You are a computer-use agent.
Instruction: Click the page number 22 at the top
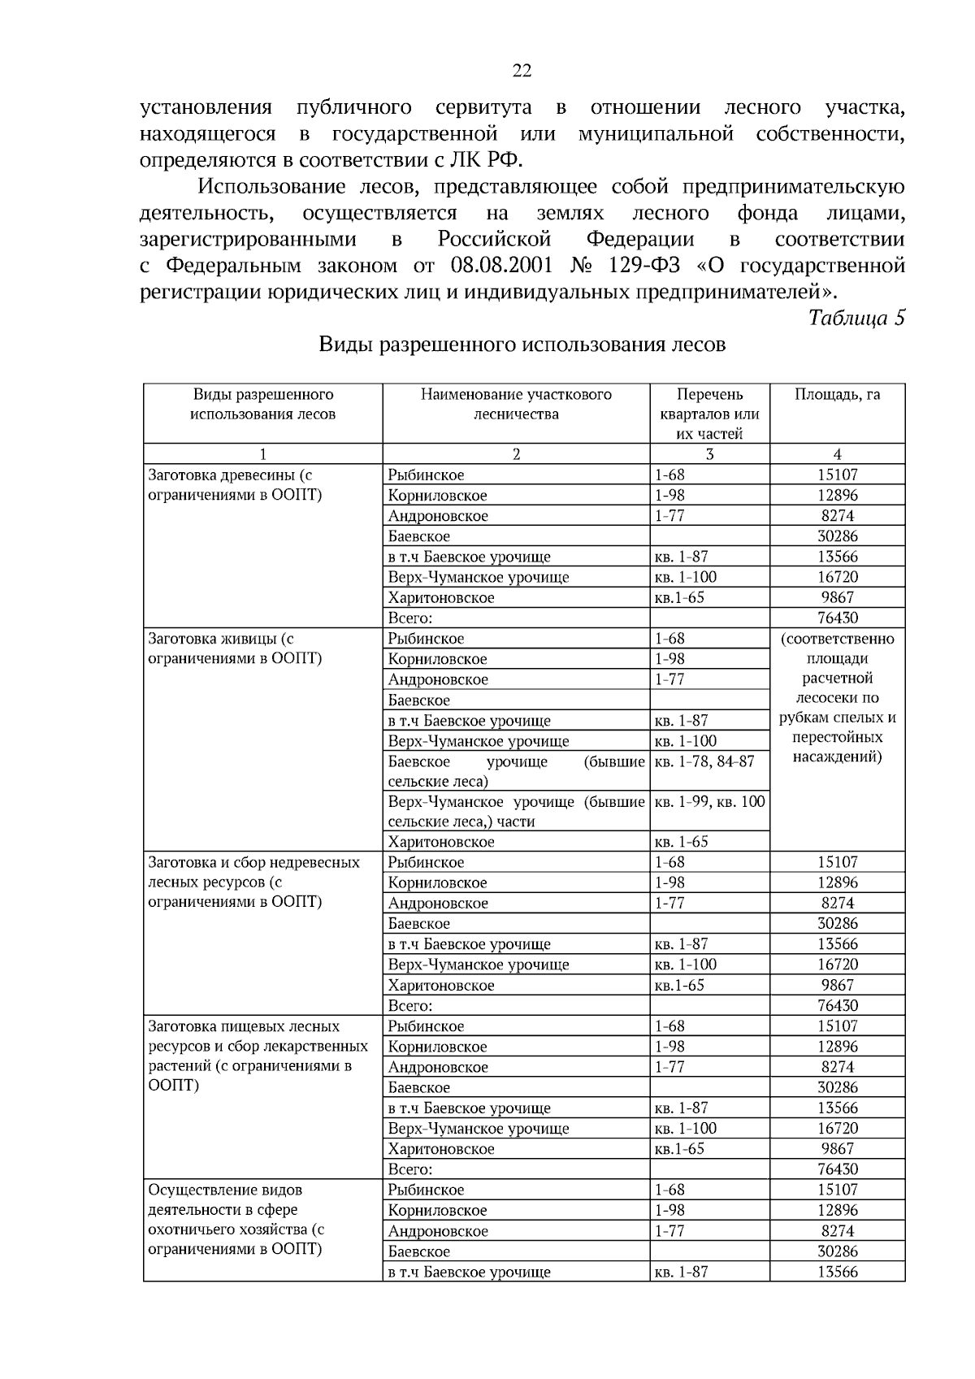tap(522, 72)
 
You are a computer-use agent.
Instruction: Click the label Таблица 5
tap(856, 318)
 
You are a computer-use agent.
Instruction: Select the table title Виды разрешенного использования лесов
tap(522, 345)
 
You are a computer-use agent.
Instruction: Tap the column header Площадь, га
tap(837, 395)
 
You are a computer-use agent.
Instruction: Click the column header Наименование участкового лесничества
tap(516, 404)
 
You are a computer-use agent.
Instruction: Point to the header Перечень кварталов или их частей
tap(709, 414)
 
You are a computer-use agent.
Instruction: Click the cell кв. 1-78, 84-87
tap(704, 761)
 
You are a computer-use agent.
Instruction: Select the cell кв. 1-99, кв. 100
tap(709, 802)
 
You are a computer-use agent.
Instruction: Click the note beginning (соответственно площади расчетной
tap(837, 697)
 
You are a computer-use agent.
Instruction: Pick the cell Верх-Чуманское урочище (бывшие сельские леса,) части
tap(516, 811)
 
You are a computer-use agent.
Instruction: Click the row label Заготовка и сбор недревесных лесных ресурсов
tap(253, 882)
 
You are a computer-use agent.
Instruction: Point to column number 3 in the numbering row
tap(709, 454)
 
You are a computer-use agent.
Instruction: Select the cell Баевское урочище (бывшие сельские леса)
tap(516, 771)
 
